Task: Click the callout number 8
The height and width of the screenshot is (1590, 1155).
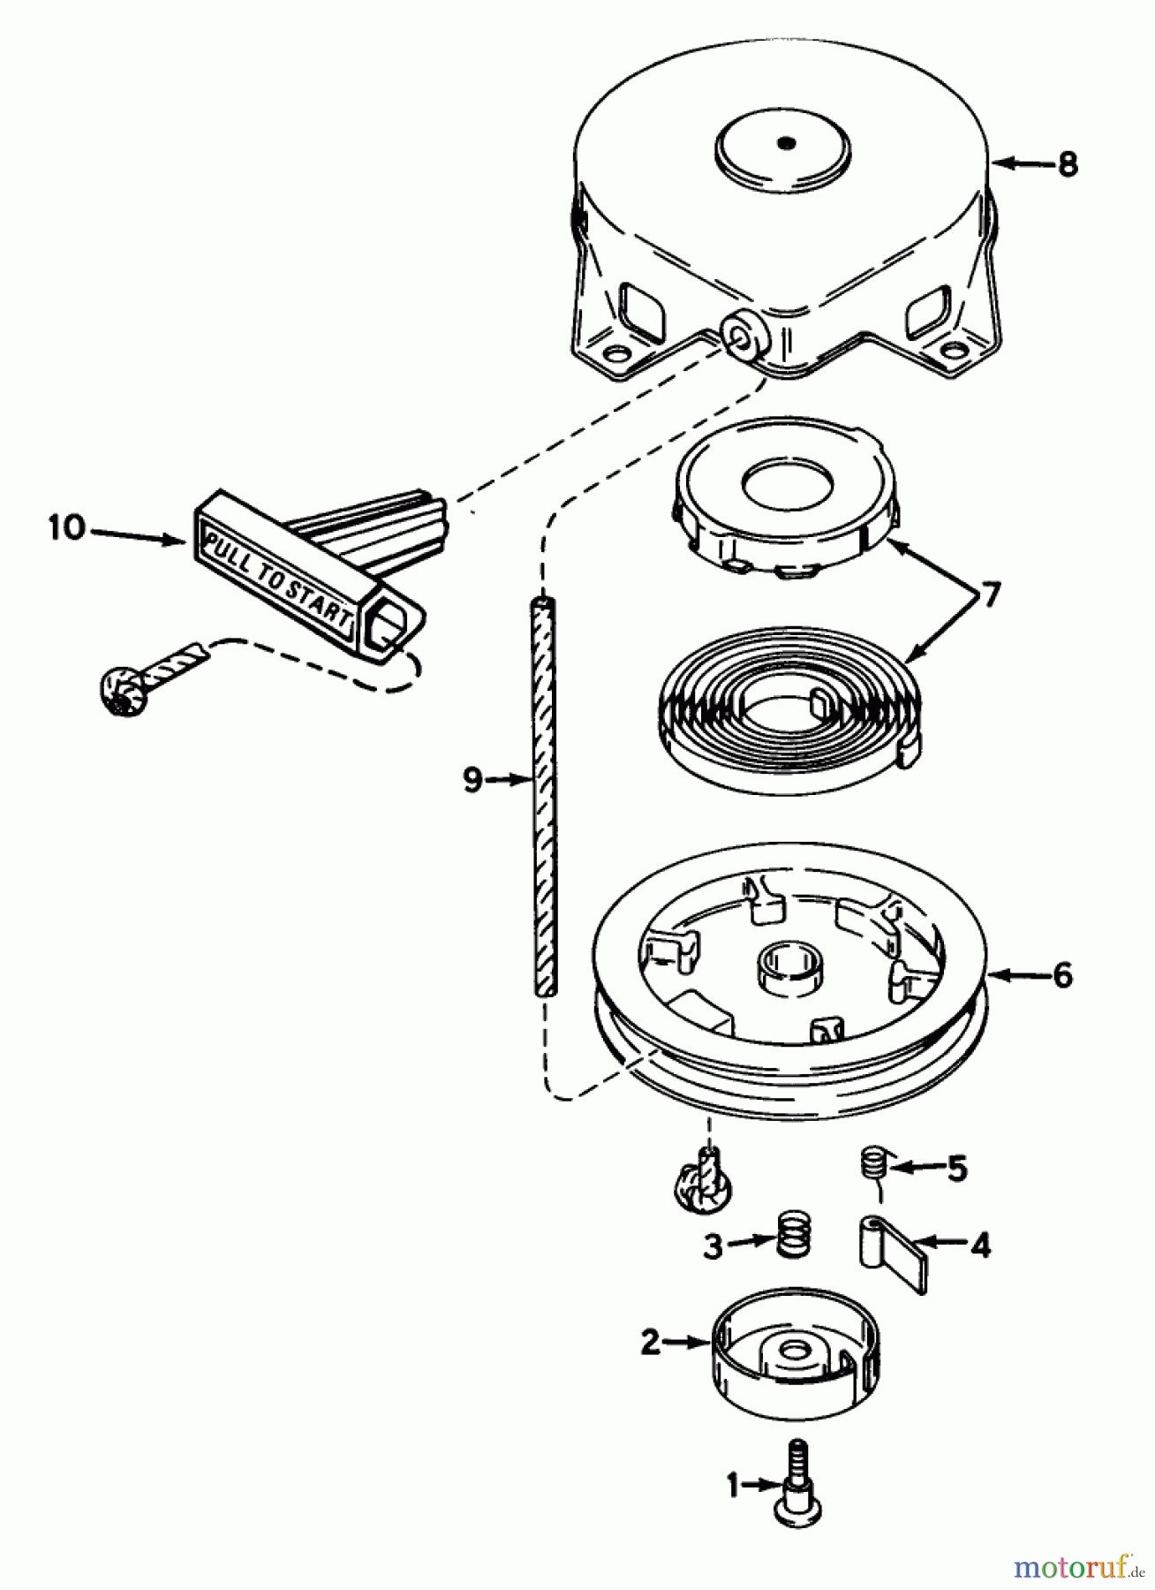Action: click(x=1068, y=164)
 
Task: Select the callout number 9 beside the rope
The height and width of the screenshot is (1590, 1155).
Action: click(x=473, y=779)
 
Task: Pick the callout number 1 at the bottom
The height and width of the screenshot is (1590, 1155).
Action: click(x=732, y=1487)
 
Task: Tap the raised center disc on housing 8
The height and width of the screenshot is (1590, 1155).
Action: click(x=784, y=145)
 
